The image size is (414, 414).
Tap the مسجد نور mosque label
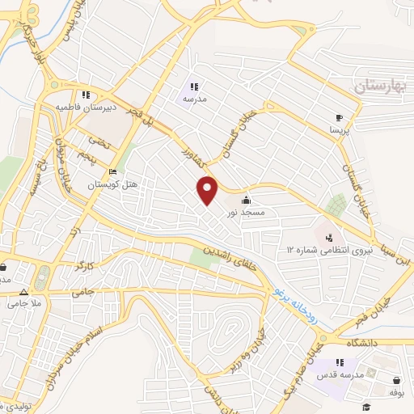click(x=244, y=212)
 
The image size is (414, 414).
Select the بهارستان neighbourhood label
click(x=380, y=84)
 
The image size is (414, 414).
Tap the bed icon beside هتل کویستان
click(x=113, y=172)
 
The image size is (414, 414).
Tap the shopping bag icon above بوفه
click(x=396, y=380)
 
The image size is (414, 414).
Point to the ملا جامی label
click(x=24, y=304)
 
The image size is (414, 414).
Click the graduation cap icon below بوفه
click(x=366, y=406)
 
